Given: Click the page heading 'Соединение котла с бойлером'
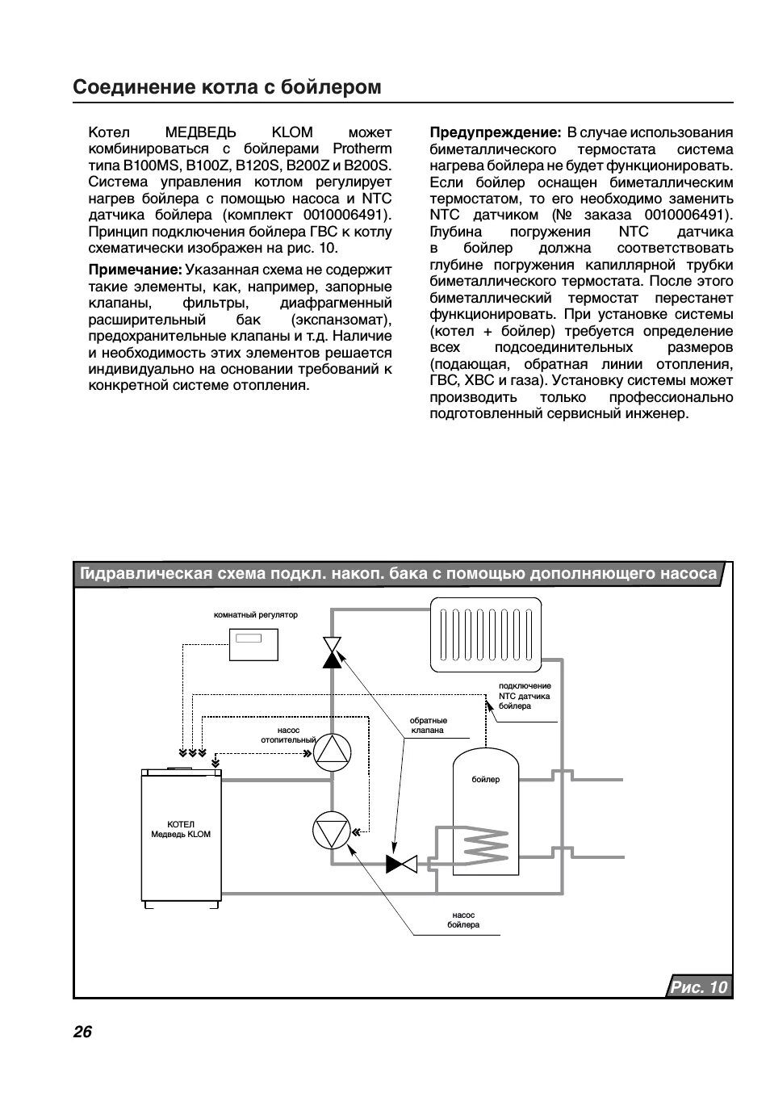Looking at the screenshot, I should [227, 87].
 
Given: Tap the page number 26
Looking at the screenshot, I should [82, 1032].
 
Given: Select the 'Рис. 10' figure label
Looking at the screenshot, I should [698, 986].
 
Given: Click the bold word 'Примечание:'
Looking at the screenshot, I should [135, 270].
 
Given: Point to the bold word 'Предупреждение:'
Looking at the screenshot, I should [495, 132].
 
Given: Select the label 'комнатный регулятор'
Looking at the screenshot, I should [255, 614].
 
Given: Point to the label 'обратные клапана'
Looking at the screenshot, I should [428, 725].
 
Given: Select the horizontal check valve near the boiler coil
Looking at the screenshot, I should [400, 864].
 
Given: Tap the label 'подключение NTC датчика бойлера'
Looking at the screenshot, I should [524, 696].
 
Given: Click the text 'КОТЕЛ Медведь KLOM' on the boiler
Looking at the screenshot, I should [181, 829].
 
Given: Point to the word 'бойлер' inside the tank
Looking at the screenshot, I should [485, 779].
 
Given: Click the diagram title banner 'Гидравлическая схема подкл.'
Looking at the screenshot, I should [398, 574].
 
